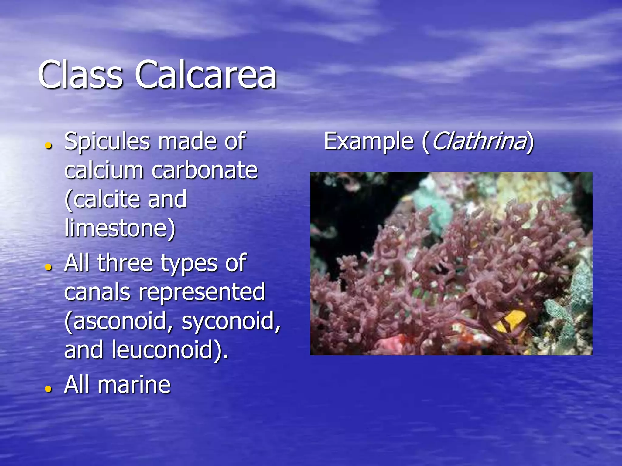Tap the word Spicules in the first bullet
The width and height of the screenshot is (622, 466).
tap(107, 141)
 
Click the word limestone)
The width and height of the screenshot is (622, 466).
tap(120, 228)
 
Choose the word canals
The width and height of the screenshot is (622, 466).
tap(97, 292)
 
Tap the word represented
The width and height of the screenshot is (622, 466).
tap(202, 292)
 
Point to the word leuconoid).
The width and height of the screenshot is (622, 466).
tap(170, 350)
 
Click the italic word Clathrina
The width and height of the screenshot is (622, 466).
tap(479, 141)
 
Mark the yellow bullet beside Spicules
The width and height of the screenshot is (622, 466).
tap(48, 146)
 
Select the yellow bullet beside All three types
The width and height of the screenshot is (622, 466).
tap(48, 267)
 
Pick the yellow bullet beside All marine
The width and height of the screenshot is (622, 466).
tap(48, 389)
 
